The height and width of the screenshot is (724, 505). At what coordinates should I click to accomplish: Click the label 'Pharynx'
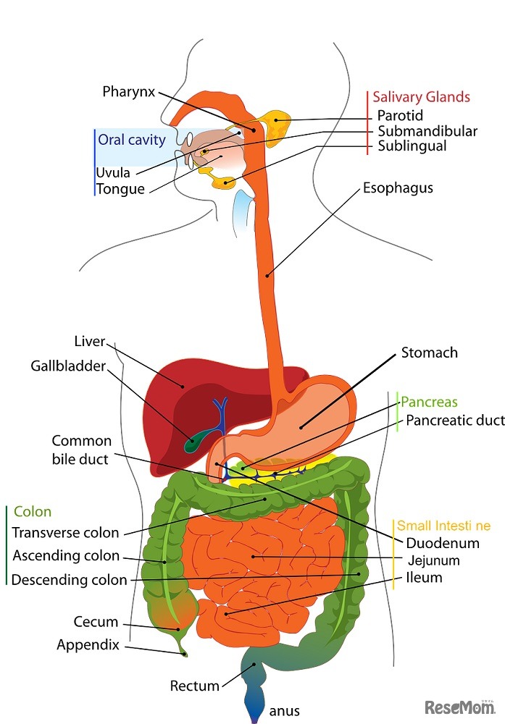point(129,91)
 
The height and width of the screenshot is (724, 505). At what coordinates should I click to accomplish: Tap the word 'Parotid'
point(399,115)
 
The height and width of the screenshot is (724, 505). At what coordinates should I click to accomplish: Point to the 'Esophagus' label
point(398,188)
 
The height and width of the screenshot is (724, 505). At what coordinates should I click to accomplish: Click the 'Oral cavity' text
point(132,140)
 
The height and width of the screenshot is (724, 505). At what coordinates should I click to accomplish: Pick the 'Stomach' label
point(430,353)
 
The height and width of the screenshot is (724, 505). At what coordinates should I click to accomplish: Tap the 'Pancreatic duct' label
point(454,420)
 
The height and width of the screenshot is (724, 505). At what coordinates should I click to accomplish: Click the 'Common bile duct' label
point(82,450)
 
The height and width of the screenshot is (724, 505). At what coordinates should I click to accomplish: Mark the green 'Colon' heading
point(33,512)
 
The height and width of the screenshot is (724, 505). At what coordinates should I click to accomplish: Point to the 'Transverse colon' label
point(66,533)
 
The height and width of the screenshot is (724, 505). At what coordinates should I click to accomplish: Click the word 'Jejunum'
point(433,560)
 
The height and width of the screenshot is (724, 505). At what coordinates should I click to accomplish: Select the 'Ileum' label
point(425,578)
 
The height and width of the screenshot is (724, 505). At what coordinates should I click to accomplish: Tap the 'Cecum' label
point(96,622)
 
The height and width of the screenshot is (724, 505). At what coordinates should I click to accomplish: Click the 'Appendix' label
point(88,644)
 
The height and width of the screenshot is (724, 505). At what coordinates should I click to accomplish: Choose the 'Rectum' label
point(194,685)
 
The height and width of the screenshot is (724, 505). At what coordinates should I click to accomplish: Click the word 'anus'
point(283,711)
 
